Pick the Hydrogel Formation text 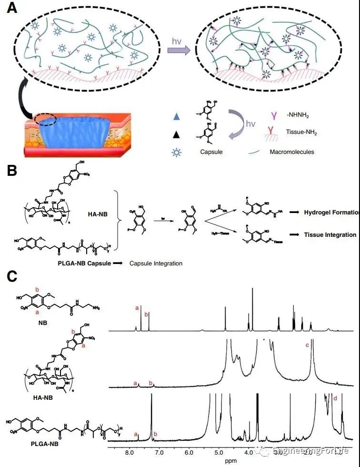330,212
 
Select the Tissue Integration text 330,235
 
